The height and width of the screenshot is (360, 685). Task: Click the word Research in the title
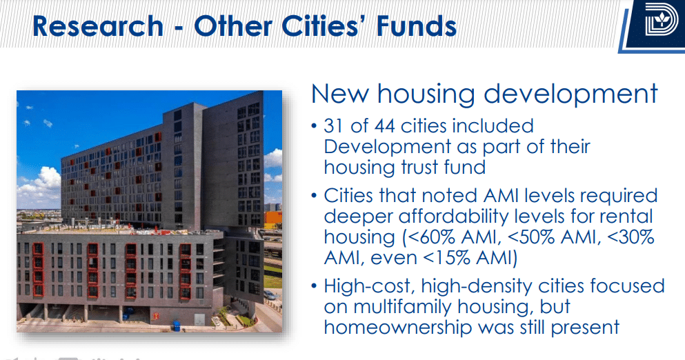tap(98, 26)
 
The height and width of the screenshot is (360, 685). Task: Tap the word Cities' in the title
tap(326, 26)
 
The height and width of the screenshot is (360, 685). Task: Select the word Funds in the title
tap(417, 26)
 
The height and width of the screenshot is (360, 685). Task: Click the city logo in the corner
tap(661, 20)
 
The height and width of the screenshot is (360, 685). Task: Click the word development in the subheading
tap(570, 94)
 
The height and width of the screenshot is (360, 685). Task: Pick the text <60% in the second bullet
tap(430, 237)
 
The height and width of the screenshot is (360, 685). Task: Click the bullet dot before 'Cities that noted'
tap(314, 196)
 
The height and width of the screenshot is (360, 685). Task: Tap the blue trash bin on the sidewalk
tap(176, 326)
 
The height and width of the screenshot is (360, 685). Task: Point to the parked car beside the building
tap(270, 295)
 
